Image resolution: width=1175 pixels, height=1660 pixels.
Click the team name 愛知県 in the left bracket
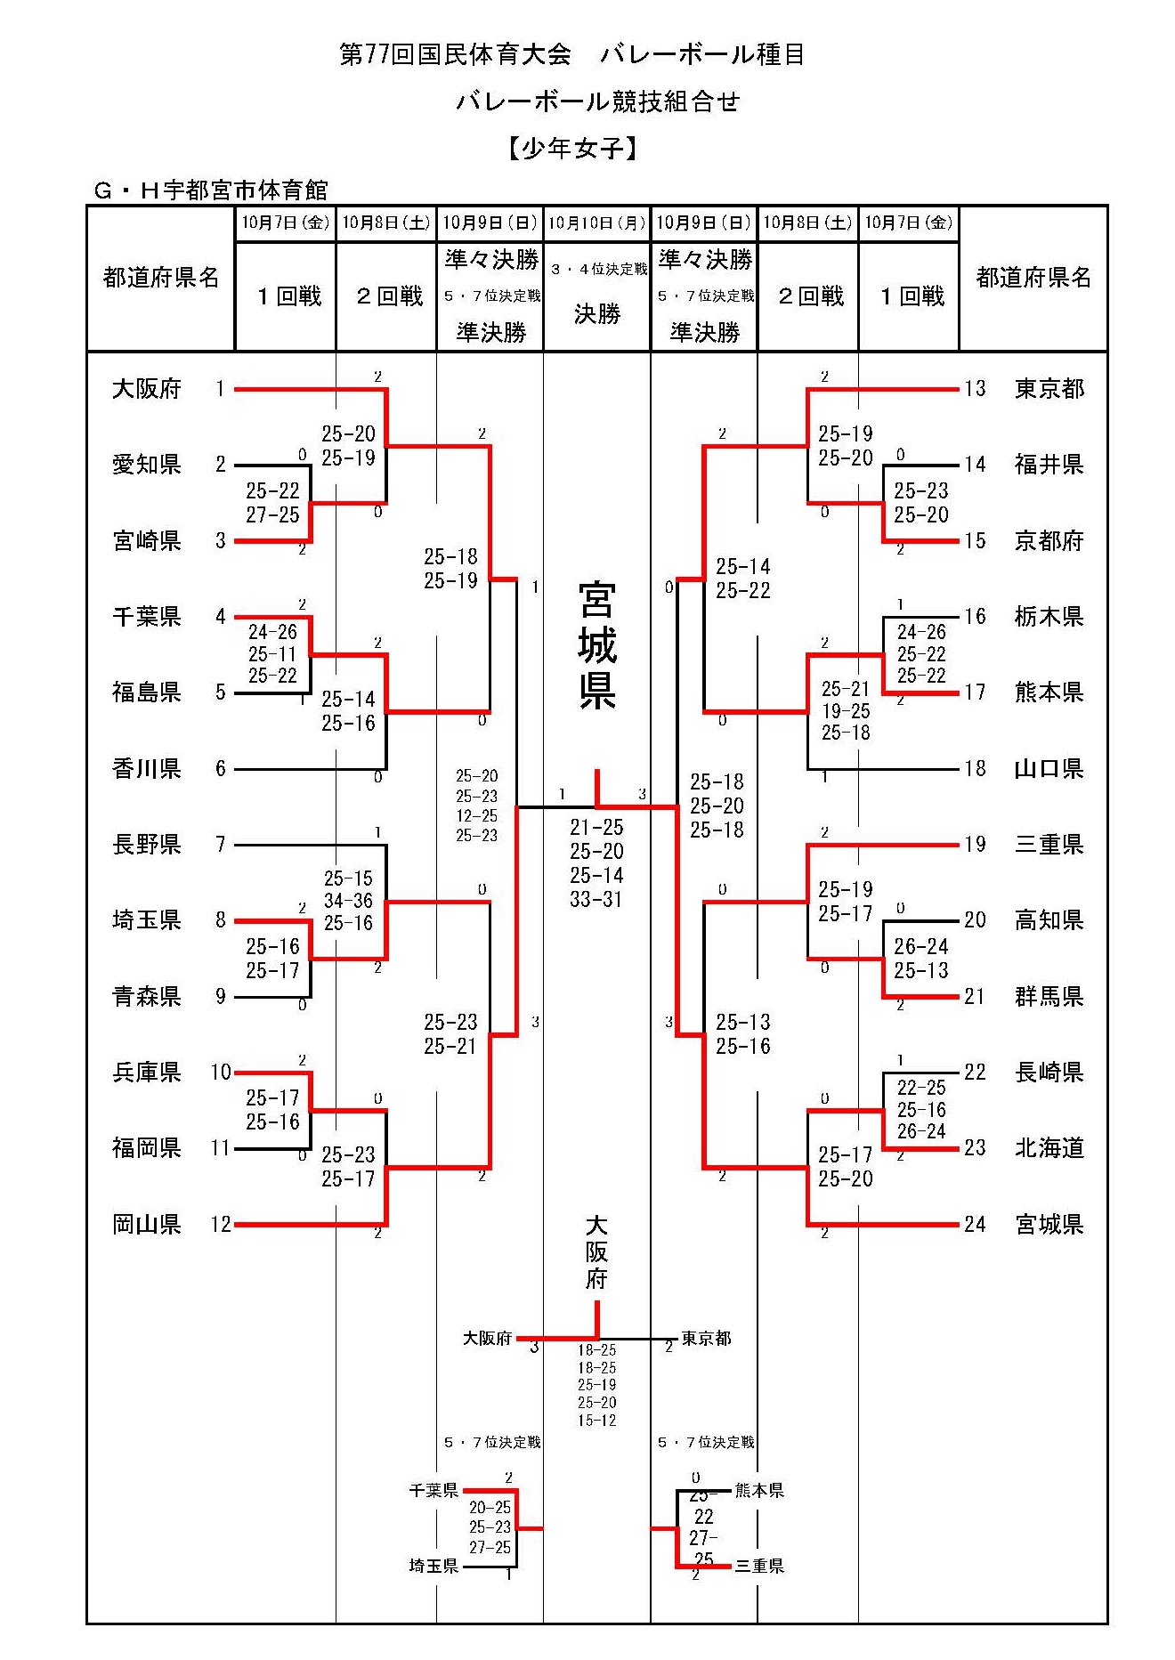pos(147,465)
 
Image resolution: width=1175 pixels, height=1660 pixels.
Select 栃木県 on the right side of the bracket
pos(1049,616)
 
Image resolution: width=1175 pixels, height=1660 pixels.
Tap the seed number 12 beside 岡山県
pos(221,1225)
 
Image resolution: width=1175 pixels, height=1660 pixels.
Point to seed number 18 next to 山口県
pos(975,768)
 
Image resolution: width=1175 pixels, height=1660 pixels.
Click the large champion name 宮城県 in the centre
pos(596,645)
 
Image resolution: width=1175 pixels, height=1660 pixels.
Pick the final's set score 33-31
pos(596,900)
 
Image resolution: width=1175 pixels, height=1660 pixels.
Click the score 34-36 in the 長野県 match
pos(348,901)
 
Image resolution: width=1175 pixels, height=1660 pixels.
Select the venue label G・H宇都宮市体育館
pos(211,190)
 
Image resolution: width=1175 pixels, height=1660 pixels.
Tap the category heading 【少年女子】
pos(573,148)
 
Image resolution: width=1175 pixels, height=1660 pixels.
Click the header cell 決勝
pos(596,314)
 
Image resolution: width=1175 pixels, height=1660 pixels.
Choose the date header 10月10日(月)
pos(596,223)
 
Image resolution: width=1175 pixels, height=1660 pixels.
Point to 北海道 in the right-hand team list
pos(1049,1148)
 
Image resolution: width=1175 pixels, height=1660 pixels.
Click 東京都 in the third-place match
pos(706,1339)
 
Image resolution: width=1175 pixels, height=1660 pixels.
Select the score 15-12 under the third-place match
pos(596,1421)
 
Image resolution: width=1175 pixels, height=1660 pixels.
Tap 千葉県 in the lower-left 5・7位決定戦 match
pos(434,1491)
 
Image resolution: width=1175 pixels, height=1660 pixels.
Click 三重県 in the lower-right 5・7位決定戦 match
pos(759,1567)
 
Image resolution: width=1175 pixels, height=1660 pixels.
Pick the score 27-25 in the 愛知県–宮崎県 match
pos(272,515)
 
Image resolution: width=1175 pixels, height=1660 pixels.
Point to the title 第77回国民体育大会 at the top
pos(455,55)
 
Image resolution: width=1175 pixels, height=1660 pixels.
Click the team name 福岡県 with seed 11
pos(147,1148)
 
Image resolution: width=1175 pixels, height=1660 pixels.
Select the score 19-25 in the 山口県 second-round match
pos(846,711)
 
